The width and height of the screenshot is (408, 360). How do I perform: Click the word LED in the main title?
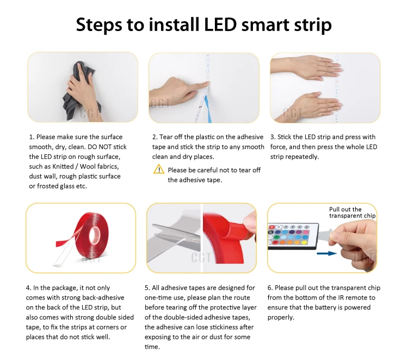pos(220,25)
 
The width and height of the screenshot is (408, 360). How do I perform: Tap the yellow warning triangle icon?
pos(159,169)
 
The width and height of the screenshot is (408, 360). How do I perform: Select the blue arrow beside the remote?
pos(327,253)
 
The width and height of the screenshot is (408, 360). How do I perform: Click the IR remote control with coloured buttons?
pos(293,236)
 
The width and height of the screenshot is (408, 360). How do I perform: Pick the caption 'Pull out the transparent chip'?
pos(352,212)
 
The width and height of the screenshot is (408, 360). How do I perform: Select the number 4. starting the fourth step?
pos(28,288)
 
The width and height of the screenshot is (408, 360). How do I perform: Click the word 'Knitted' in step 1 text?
pos(63,167)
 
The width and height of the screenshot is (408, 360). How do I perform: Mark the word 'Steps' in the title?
pos(99,25)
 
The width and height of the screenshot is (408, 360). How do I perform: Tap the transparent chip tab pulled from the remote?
pos(325,234)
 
